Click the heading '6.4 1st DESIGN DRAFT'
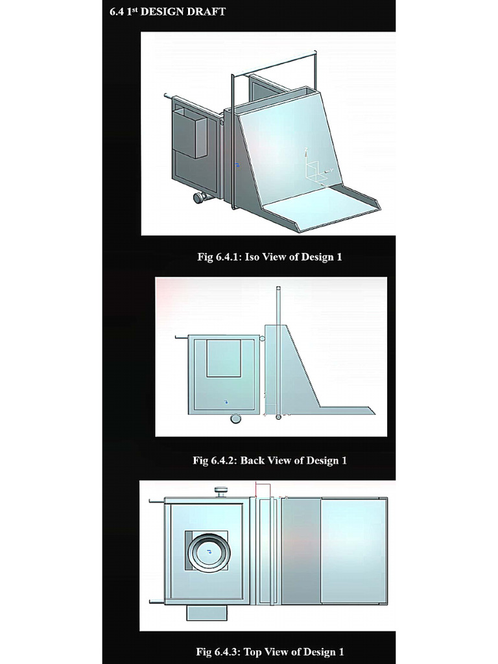167,11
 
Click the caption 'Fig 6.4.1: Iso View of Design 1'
269,257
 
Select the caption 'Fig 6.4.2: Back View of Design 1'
269,460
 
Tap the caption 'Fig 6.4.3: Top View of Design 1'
269,652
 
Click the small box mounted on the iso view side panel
190,134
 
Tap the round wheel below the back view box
236,419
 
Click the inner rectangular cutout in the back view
224,358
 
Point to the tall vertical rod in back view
278,350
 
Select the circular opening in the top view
209,551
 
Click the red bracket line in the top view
263,488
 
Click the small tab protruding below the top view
207,612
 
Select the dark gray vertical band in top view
302,551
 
